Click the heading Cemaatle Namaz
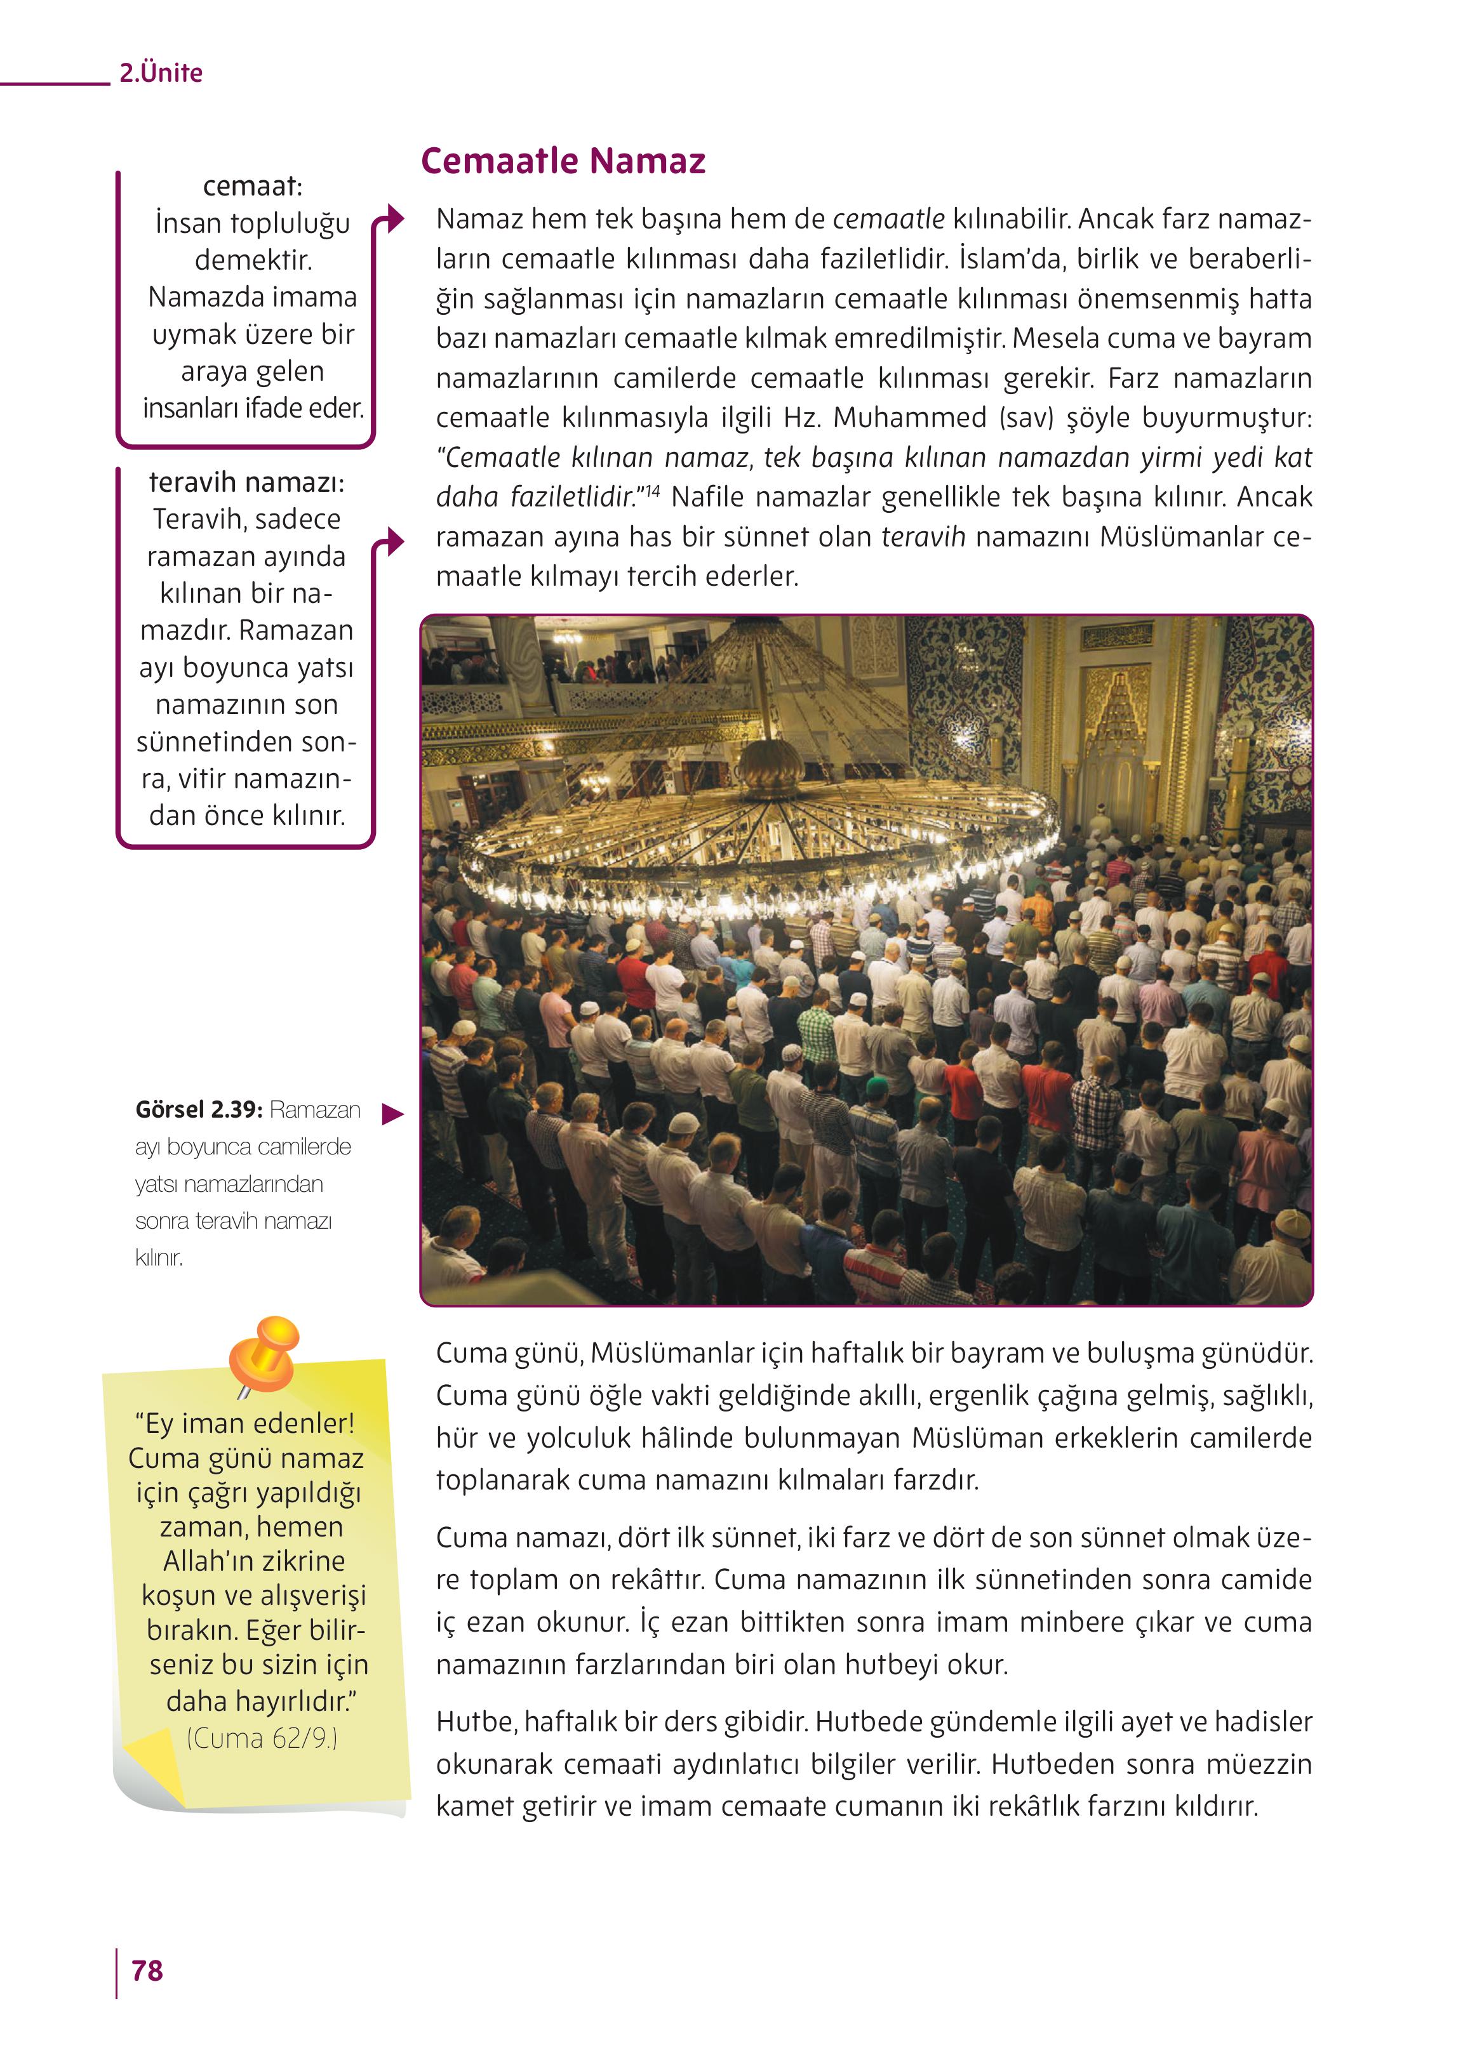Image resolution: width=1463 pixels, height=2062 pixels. (x=563, y=161)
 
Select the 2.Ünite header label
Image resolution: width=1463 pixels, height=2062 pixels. (x=161, y=73)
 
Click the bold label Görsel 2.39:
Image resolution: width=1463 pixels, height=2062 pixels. (x=198, y=1109)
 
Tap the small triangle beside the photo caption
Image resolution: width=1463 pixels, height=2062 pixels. (x=392, y=1114)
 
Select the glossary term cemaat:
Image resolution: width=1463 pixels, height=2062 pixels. (x=252, y=187)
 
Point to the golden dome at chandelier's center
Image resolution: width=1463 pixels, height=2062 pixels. (x=770, y=767)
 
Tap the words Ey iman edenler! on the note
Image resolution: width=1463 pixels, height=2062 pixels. (x=245, y=1423)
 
